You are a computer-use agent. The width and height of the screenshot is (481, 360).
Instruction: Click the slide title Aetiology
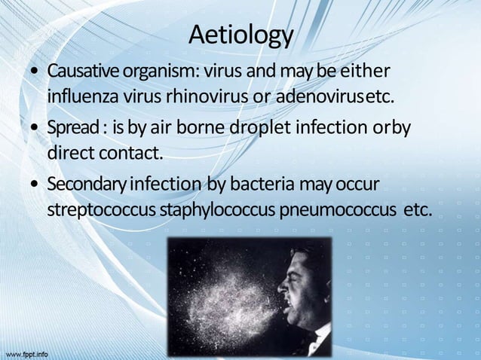[240, 35]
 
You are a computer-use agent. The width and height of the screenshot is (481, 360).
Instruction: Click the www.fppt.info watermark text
[26, 352]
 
